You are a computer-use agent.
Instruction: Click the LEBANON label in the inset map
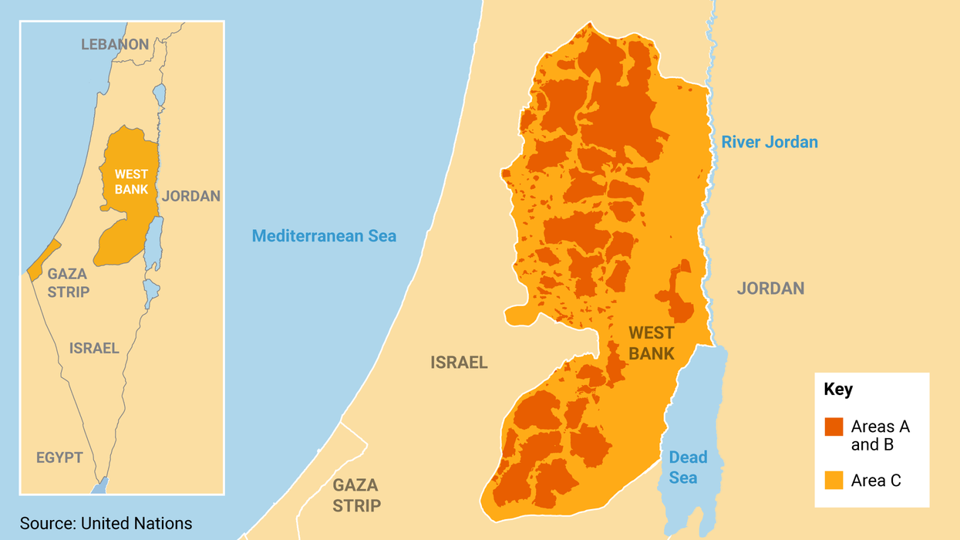coord(115,44)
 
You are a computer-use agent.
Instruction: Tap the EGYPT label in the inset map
coord(59,457)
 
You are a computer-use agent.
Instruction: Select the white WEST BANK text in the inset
coord(131,182)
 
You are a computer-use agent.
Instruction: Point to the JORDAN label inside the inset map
coord(191,196)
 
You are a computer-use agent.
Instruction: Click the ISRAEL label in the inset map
coord(94,348)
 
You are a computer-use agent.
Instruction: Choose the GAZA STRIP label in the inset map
coord(68,282)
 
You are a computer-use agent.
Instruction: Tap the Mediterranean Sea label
coord(324,236)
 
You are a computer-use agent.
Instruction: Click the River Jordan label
coord(770,142)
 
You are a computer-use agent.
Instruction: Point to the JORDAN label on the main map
coord(770,289)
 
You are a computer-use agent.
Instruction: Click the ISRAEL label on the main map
coord(459,363)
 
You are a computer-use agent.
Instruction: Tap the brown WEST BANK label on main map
coord(651,343)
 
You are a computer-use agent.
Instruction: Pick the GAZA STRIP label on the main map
coord(356,495)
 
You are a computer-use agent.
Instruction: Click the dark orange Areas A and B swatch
coord(834,427)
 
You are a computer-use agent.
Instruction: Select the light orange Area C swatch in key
coord(834,481)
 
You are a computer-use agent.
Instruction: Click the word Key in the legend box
coord(838,390)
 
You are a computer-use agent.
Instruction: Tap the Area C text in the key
coord(876,481)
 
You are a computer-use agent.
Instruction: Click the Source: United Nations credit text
coord(106,523)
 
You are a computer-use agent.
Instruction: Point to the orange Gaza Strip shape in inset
coord(44,259)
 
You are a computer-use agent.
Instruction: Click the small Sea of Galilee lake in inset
coord(159,95)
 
